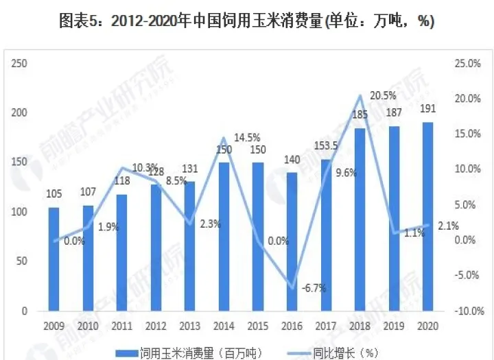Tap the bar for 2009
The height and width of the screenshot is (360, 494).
54,259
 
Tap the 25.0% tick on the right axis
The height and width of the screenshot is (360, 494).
466,64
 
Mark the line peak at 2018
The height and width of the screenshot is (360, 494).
360,95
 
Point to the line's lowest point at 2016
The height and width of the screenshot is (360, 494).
292,288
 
